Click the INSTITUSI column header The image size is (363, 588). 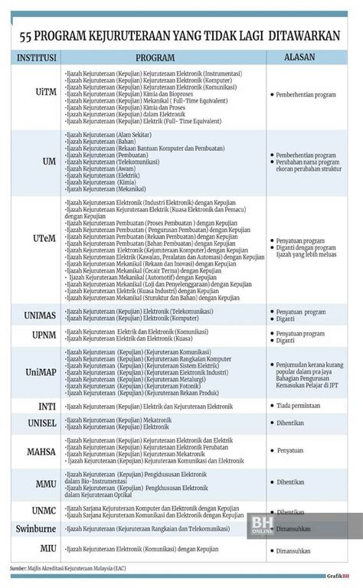point(34,57)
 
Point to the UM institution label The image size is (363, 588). point(34,162)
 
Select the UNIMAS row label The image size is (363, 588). point(34,315)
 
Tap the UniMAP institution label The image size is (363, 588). point(34,372)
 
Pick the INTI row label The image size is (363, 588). point(34,406)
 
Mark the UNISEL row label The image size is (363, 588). point(34,423)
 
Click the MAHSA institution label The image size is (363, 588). point(34,452)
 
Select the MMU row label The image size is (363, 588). point(34,484)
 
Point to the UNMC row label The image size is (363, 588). point(34,511)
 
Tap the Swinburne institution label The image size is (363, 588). point(34,528)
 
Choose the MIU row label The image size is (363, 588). point(34,549)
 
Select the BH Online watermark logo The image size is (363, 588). point(322,524)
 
